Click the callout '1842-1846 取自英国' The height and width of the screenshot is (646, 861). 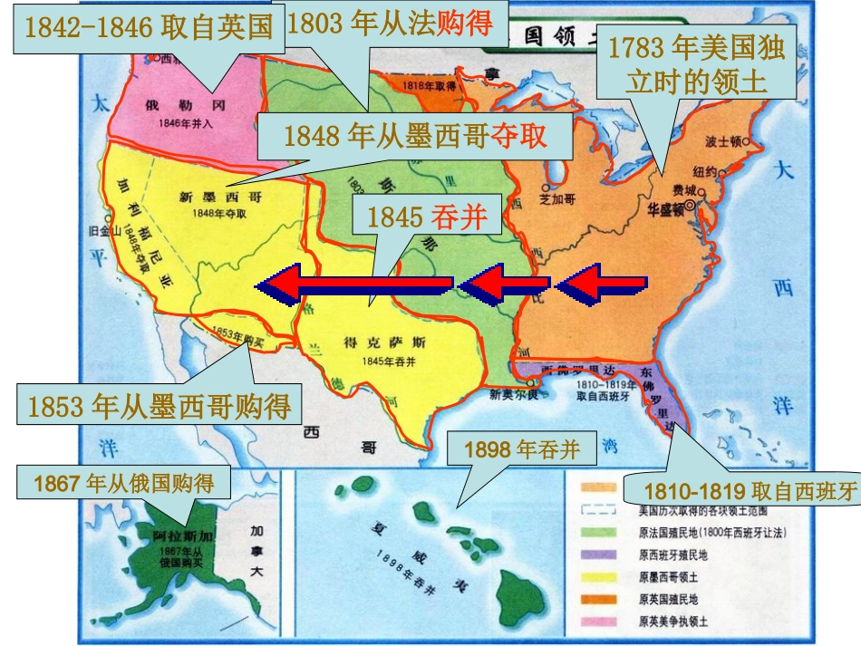[x=149, y=28]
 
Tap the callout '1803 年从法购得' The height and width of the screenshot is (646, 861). [x=390, y=24]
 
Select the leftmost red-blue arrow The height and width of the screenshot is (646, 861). [x=353, y=286]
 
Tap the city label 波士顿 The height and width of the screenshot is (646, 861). [x=725, y=142]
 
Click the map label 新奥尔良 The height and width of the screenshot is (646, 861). [x=514, y=394]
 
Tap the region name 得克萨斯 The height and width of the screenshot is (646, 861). [x=373, y=342]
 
